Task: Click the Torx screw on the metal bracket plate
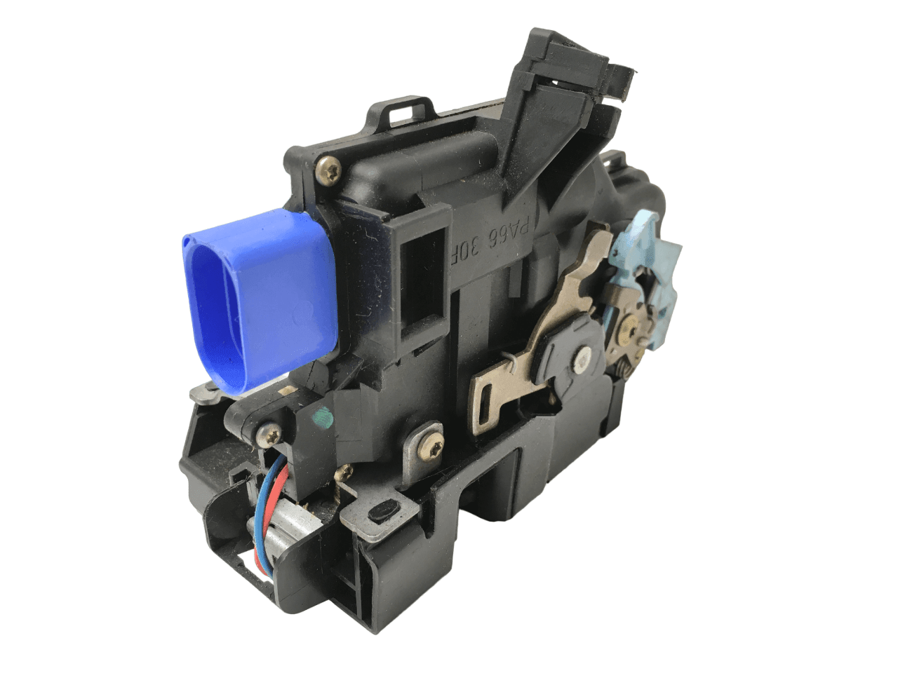pyautogui.click(x=426, y=440)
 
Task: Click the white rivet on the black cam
pyautogui.click(x=580, y=361)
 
